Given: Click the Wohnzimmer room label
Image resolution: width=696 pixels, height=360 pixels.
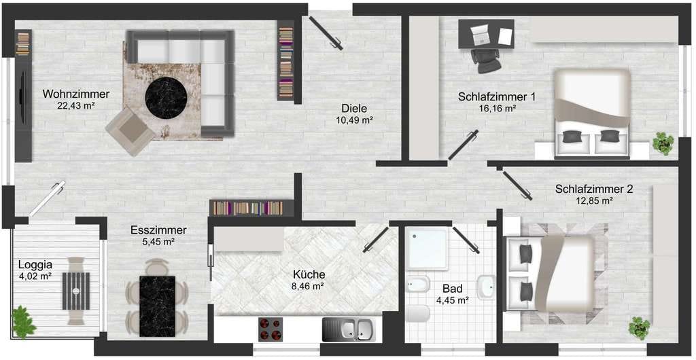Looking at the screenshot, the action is [x=76, y=94].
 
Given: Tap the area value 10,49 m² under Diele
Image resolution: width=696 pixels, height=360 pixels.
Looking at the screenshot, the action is [x=354, y=119].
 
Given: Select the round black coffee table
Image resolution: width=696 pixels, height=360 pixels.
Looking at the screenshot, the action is [x=166, y=98].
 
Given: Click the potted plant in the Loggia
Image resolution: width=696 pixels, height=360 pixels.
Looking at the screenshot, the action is [x=23, y=321].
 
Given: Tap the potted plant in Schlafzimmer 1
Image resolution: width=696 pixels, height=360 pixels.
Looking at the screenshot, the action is [x=663, y=143].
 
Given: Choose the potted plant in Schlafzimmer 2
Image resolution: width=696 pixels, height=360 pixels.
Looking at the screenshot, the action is [x=639, y=328].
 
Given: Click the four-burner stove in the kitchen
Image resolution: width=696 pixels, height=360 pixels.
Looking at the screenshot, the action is [x=271, y=329].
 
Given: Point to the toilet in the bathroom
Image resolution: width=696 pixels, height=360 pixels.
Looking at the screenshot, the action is [x=417, y=314].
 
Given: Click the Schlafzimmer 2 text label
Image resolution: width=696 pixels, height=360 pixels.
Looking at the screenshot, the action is [x=594, y=190].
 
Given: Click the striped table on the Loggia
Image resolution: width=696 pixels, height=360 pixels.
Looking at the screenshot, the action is [x=76, y=291].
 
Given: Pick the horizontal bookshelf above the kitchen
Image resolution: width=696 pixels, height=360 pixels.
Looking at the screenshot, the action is [x=251, y=208].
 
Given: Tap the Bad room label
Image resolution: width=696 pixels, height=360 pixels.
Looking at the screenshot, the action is [x=453, y=289].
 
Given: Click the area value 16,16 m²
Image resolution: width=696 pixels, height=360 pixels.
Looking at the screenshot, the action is [x=497, y=108].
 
